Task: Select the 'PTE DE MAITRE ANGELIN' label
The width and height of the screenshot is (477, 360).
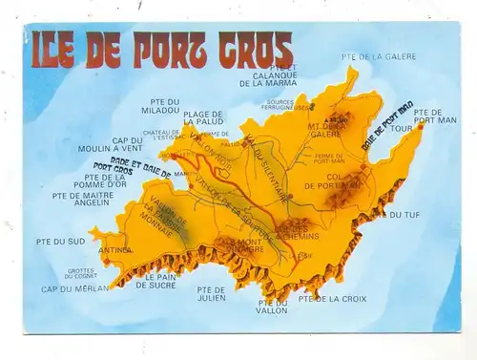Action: pyautogui.click(x=82, y=200)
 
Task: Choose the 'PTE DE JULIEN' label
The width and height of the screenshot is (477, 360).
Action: pyautogui.click(x=212, y=293)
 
